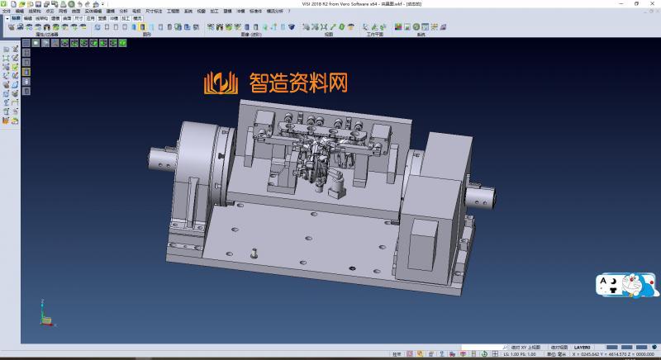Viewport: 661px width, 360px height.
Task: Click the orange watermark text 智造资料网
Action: tap(298, 83)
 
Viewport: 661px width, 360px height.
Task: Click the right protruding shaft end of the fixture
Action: tap(483, 197)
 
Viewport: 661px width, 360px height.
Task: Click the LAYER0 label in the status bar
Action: tap(583, 347)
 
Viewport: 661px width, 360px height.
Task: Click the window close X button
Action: tap(654, 3)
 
